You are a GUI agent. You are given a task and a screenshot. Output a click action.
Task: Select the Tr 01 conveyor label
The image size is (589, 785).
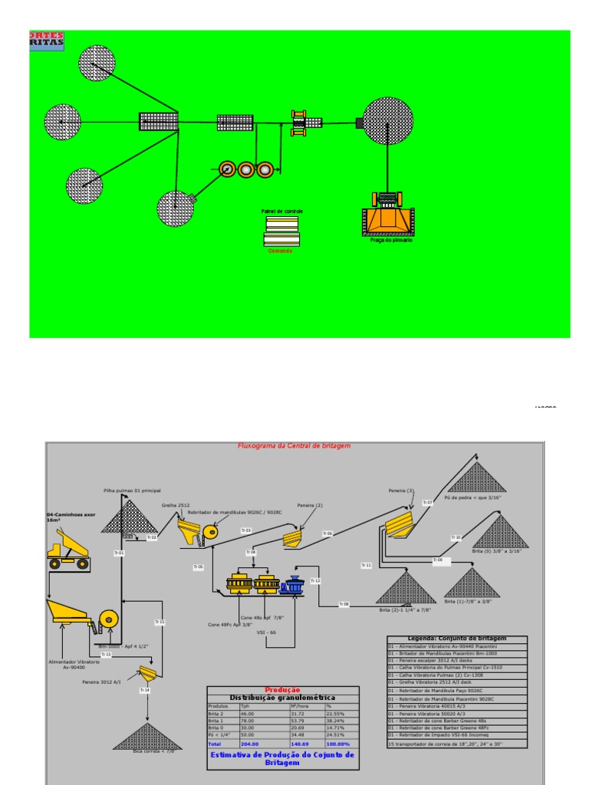click(x=119, y=552)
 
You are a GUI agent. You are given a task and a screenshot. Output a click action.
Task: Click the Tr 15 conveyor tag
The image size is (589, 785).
click(x=160, y=622)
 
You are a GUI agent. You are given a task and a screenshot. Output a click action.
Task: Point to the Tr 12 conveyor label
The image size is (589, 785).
click(x=315, y=581)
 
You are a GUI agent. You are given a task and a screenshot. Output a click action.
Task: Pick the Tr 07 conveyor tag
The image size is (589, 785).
click(x=428, y=502)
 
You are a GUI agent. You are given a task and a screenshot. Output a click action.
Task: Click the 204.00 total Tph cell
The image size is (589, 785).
click(x=251, y=744)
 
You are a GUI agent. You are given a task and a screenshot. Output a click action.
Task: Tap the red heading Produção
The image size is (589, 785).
click(x=282, y=690)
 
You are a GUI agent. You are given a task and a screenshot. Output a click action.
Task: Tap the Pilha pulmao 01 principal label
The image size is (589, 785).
click(x=132, y=491)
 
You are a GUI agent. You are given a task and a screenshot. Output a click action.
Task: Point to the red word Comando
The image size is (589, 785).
click(x=280, y=251)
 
